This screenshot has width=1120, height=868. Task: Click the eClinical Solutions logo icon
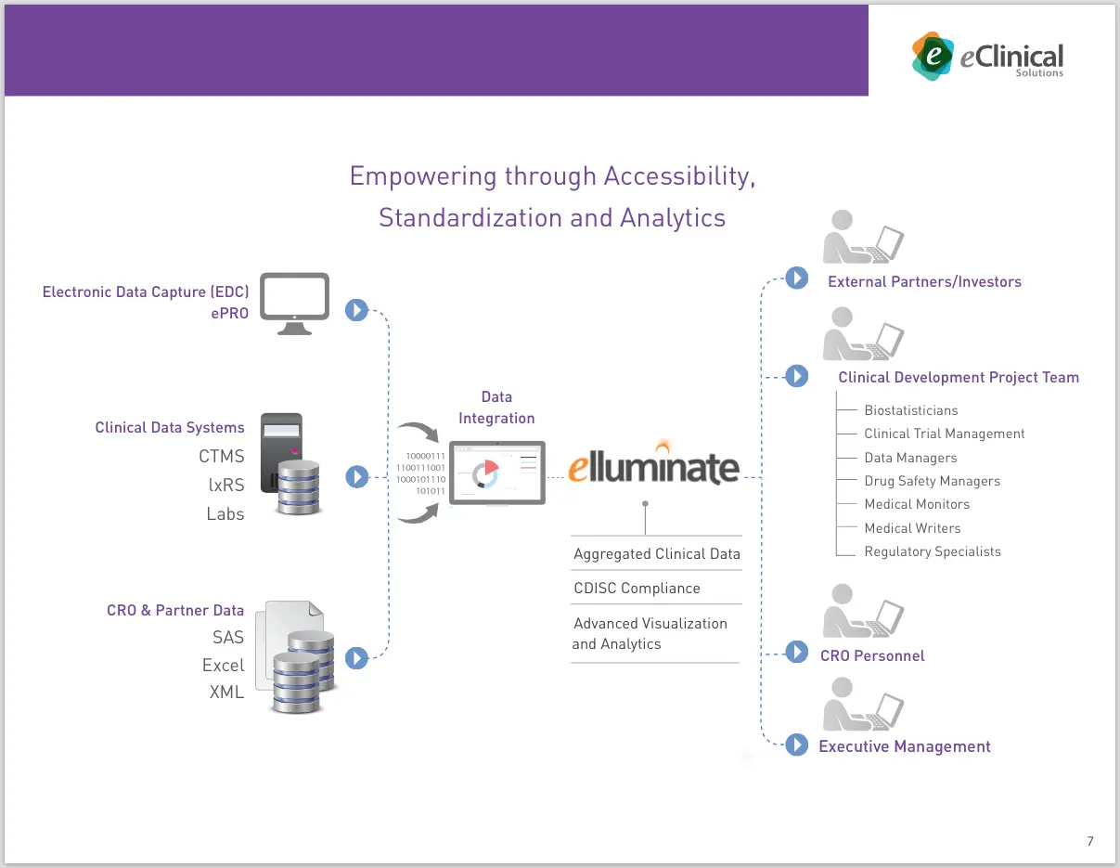coord(932,55)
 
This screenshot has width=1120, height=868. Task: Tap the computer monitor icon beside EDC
coord(294,303)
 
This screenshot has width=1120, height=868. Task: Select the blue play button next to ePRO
coord(356,310)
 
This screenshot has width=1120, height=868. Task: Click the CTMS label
coord(221,456)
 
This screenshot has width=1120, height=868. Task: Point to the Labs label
coord(225,513)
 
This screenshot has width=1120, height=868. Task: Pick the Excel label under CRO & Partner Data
coord(223,665)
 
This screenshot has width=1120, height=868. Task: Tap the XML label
coord(226,692)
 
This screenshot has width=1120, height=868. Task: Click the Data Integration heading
coord(496,408)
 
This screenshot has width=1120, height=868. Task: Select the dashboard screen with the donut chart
coord(496,473)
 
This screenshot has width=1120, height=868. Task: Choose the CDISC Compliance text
coord(637,588)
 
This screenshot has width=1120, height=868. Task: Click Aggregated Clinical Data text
coord(656,554)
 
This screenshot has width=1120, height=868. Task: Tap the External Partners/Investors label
coord(924,281)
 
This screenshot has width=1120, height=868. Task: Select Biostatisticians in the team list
coord(910,410)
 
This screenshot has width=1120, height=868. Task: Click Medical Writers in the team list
coord(912,528)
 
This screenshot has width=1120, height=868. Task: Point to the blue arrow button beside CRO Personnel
coord(796,653)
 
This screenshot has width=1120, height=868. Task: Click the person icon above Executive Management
coord(862,705)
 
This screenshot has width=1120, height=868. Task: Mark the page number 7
coord(1090,841)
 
